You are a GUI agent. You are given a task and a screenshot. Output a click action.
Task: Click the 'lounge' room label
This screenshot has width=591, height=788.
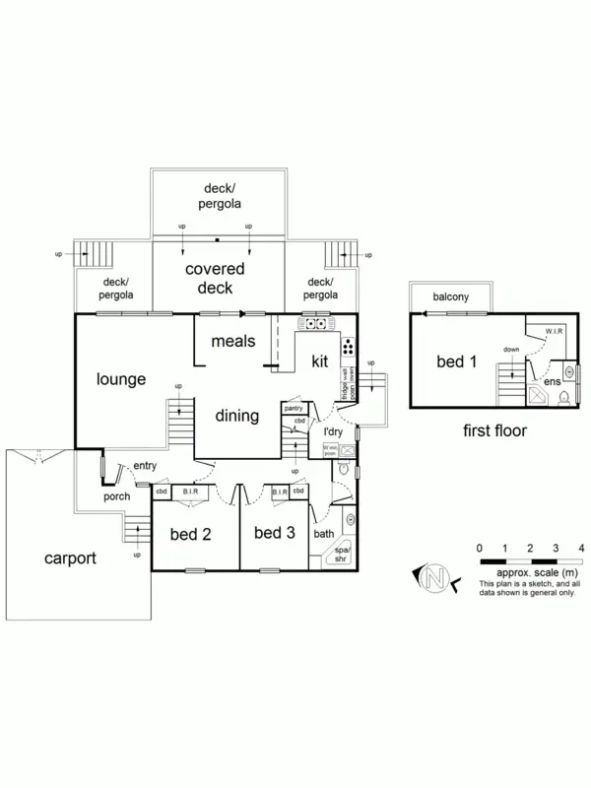tap(121, 379)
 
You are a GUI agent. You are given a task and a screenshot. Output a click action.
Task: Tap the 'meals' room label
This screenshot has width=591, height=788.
tap(233, 341)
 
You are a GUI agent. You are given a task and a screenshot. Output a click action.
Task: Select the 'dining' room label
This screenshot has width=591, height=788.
tap(237, 416)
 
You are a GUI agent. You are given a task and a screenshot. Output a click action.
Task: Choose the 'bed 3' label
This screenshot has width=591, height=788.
tap(275, 533)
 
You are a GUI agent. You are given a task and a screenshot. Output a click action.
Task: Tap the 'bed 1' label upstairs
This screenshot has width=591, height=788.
tap(457, 361)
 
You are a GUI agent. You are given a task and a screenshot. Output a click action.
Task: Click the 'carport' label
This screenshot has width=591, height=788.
tap(71, 558)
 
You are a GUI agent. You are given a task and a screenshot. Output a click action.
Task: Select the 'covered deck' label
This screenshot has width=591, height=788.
tap(216, 278)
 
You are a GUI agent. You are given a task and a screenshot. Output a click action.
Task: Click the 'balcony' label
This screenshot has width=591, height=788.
tap(448, 296)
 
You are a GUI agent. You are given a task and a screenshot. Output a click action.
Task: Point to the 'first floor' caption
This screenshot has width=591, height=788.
tap(494, 430)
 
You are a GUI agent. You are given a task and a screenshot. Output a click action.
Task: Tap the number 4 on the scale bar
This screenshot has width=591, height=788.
tap(582, 548)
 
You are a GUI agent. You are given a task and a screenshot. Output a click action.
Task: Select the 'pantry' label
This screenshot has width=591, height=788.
tap(293, 408)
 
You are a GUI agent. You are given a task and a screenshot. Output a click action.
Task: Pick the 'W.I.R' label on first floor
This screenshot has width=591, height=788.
tap(554, 331)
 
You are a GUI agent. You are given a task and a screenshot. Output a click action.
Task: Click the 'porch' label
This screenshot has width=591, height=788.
tap(117, 496)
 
